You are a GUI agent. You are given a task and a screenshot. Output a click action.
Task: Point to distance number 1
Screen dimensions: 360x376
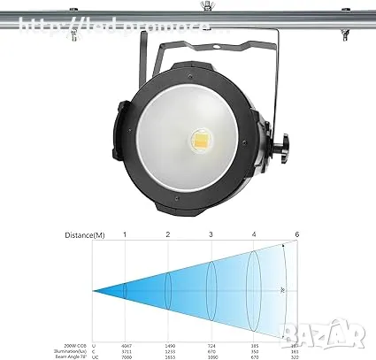[x=125, y=234]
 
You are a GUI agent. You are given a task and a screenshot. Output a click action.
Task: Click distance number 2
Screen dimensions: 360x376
[x=168, y=234]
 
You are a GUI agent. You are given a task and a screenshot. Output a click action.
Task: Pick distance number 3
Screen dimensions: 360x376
[x=211, y=234]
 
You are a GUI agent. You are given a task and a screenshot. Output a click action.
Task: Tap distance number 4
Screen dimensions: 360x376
[x=253, y=234]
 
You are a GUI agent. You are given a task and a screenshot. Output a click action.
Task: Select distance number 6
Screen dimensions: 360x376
[x=296, y=234]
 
